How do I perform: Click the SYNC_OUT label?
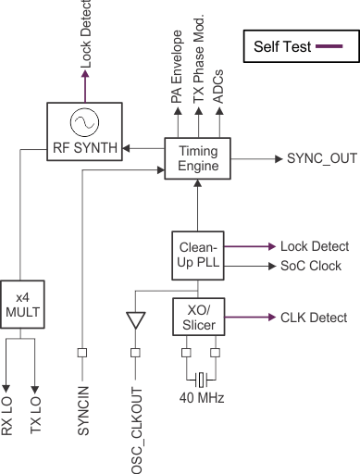[313, 159]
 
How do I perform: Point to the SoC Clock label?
[310, 267]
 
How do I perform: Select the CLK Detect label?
[313, 318]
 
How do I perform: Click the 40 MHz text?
[200, 400]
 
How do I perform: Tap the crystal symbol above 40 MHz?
[200, 380]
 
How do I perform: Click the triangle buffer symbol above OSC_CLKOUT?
[135, 320]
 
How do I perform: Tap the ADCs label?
[219, 84]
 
